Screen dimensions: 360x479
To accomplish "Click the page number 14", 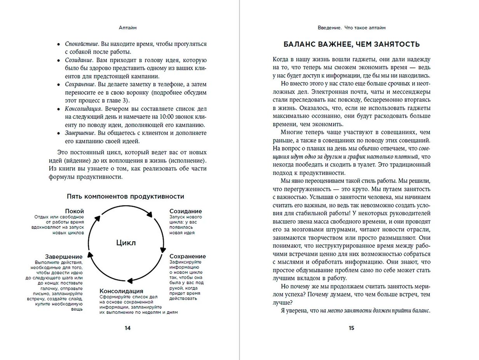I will (x=127, y=328).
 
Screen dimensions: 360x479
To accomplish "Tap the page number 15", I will (x=351, y=328).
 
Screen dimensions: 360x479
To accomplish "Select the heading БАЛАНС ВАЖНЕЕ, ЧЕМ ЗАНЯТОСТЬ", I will (x=352, y=44).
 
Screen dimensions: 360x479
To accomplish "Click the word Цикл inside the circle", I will (x=126, y=243).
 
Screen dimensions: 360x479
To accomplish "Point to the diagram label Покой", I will (x=74, y=211).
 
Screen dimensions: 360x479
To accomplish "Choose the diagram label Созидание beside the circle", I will (x=185, y=211).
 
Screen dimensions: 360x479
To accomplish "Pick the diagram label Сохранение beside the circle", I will (x=187, y=256).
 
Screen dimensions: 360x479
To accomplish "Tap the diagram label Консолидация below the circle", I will (x=121, y=291).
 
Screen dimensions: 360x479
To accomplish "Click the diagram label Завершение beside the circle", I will (x=64, y=257).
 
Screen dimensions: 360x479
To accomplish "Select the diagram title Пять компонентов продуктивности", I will (x=125, y=197).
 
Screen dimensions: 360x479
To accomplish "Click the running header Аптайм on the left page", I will (x=127, y=28).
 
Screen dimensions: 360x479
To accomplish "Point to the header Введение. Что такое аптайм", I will (x=351, y=28).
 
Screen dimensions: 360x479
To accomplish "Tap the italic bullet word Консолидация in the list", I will (x=83, y=109).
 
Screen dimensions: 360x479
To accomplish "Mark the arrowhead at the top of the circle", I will (x=150, y=213).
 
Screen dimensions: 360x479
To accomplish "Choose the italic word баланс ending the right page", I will (x=419, y=311).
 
